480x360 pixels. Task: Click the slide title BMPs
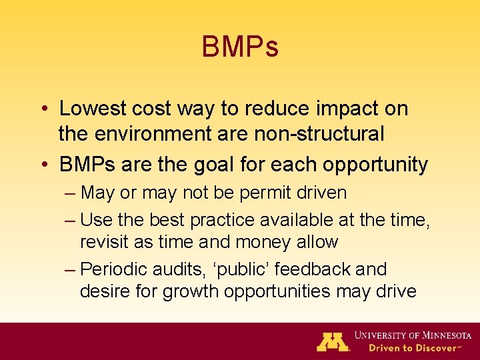point(240,47)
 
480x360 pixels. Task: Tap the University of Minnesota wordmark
point(413,335)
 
